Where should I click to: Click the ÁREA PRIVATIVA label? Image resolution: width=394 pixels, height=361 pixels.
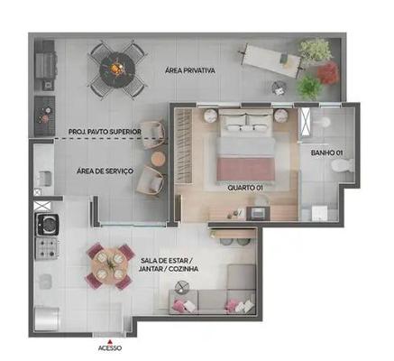[x=190, y=70]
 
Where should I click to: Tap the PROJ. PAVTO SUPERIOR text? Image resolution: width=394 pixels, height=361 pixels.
[x=105, y=132]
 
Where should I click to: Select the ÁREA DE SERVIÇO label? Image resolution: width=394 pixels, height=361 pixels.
[x=105, y=171]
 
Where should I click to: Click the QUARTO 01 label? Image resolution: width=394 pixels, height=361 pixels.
[x=245, y=188]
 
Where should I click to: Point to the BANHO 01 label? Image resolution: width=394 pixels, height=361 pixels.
[x=326, y=153]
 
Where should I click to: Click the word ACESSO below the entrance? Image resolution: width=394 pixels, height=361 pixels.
[x=110, y=348]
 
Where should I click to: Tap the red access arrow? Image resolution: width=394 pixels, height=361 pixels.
[x=110, y=342]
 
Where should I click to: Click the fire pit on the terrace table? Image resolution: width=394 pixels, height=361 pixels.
[x=117, y=69]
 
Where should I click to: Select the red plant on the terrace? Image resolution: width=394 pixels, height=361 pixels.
[x=328, y=73]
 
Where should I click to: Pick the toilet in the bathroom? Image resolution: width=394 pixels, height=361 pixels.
[x=343, y=166]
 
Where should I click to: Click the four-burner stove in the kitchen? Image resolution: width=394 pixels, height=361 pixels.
[x=46, y=248]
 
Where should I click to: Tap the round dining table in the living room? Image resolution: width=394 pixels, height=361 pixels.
[x=110, y=264]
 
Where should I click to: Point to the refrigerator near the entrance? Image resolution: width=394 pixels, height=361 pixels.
[x=47, y=319]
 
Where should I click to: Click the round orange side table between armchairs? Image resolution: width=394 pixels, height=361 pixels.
[x=158, y=159]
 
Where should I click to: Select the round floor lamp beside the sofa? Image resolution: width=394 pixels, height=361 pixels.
[x=181, y=287]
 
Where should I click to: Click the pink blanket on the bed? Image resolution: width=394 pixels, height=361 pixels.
[x=245, y=169]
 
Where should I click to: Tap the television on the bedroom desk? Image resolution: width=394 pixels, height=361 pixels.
[x=258, y=213]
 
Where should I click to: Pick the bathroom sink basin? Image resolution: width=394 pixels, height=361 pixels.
[x=323, y=122]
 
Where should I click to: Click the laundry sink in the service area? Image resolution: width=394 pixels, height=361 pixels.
[x=44, y=178]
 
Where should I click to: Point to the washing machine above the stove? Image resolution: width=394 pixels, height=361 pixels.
[x=48, y=224]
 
